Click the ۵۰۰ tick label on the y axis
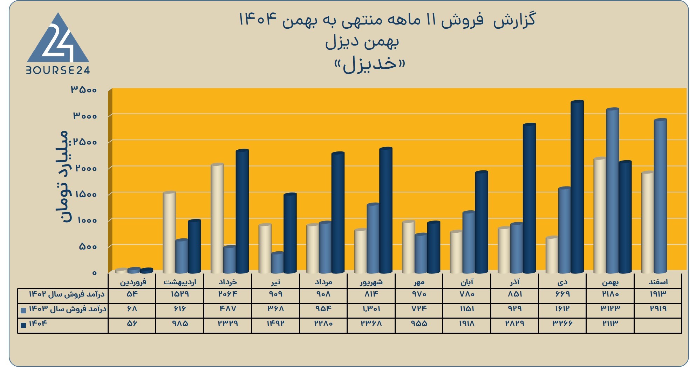(x=88, y=246)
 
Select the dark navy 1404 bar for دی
(x=577, y=187)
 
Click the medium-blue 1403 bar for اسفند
(x=660, y=196)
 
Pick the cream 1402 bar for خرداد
(x=217, y=218)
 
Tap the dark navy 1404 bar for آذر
(x=529, y=198)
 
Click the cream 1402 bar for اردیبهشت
(x=169, y=232)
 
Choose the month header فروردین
(x=133, y=282)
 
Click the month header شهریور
(x=371, y=282)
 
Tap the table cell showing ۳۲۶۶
(x=562, y=323)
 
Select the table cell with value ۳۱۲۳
(x=610, y=308)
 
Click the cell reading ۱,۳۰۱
(x=371, y=308)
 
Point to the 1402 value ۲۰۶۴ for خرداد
(x=228, y=294)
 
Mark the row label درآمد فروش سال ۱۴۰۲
(x=67, y=294)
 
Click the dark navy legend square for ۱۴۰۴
(x=23, y=325)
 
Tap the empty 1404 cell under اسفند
(x=658, y=325)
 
